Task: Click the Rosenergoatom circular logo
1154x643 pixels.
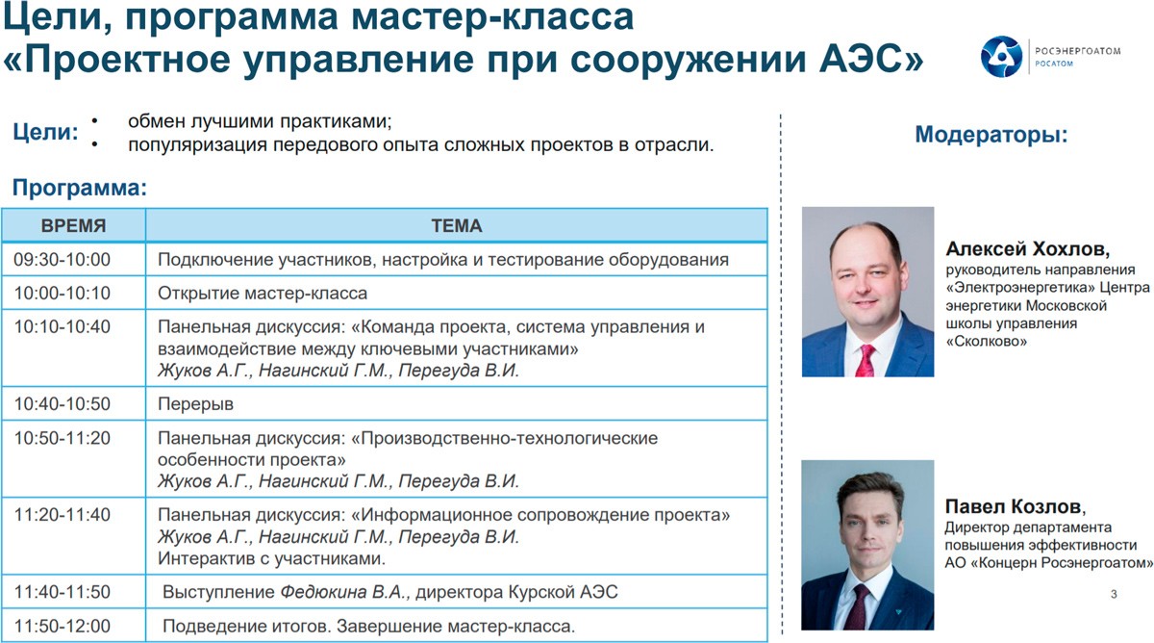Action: coord(1001,57)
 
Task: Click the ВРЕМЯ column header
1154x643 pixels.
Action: coord(74,226)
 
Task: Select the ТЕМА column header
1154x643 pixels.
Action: coord(457,226)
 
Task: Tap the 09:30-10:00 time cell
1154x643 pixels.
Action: coord(62,259)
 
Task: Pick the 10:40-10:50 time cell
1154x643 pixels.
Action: coord(62,403)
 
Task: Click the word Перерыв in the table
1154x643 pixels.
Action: coord(196,404)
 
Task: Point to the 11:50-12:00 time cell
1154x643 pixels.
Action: coord(62,626)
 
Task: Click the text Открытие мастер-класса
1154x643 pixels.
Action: coord(263,294)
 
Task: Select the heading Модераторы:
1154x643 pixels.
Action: coord(991,135)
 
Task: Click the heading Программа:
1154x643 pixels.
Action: coord(80,189)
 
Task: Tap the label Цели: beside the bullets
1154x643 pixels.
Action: coord(45,133)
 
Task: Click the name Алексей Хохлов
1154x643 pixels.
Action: coord(1027,249)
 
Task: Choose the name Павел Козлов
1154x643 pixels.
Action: coord(1015,507)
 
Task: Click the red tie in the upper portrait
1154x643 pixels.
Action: coord(866,360)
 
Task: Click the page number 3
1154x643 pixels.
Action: coord(1114,594)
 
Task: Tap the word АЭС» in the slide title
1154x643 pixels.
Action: coord(871,59)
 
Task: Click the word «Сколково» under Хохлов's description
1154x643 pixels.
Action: coord(986,342)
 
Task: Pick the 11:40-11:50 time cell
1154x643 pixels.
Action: coord(62,592)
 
